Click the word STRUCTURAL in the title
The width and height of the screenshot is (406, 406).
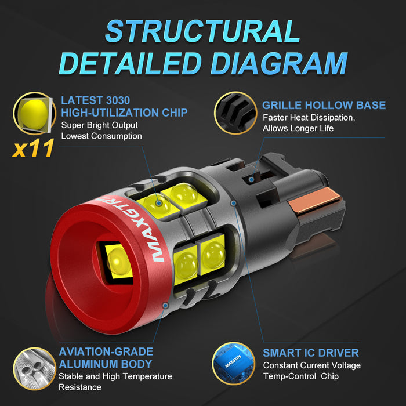click(202, 31)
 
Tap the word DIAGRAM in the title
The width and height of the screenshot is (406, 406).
click(279, 63)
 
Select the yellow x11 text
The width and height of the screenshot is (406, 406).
click(33, 148)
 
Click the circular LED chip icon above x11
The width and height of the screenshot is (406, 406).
click(34, 113)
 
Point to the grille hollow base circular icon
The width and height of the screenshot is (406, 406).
click(235, 113)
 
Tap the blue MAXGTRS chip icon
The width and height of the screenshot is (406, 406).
click(234, 363)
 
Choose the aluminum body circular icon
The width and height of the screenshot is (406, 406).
click(34, 368)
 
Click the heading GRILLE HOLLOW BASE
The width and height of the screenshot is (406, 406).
click(324, 105)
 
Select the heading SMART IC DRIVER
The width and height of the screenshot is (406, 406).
click(311, 353)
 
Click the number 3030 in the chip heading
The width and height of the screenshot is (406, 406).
click(116, 100)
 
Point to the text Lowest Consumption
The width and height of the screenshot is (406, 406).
click(101, 136)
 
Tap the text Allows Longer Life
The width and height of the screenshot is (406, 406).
click(298, 128)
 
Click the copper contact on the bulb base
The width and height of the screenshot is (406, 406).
click(314, 200)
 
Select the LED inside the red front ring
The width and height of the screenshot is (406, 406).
click(119, 262)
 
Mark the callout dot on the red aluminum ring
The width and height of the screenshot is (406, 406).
click(165, 305)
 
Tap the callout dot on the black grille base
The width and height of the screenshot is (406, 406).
click(251, 179)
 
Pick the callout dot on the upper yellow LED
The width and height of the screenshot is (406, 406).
click(159, 203)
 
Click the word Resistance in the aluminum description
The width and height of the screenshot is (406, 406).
click(80, 387)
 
